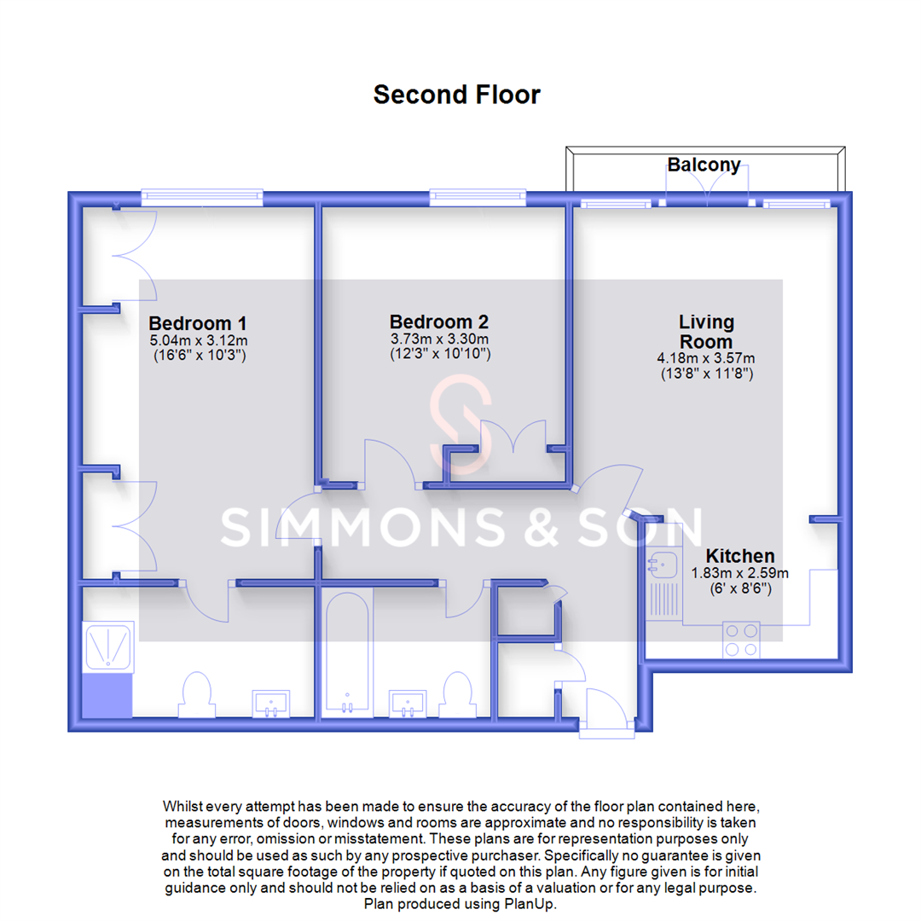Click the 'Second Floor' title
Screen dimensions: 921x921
click(x=456, y=94)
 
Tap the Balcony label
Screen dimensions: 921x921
click(x=704, y=165)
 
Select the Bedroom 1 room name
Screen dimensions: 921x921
click(x=197, y=324)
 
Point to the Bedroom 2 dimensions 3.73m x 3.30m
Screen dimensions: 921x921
click(x=439, y=339)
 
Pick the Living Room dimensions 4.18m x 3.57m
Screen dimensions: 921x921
click(x=705, y=358)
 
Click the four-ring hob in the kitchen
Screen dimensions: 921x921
click(x=740, y=640)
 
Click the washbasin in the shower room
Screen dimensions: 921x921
click(x=272, y=704)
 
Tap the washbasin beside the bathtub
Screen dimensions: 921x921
click(x=408, y=704)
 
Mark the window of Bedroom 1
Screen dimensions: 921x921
click(x=201, y=197)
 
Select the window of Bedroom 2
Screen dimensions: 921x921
click(x=478, y=197)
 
